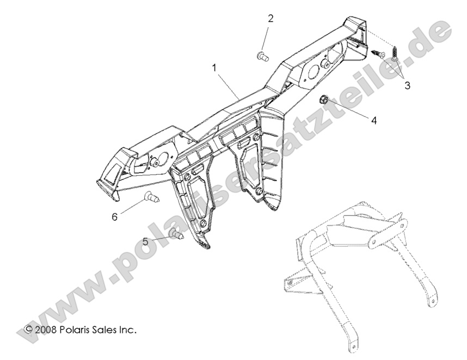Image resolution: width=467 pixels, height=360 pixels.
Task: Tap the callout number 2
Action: (x=270, y=18)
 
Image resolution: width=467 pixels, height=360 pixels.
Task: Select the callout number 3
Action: (x=406, y=85)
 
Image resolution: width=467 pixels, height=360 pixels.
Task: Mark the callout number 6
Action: (x=114, y=216)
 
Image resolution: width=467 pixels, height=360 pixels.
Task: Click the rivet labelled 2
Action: (x=262, y=54)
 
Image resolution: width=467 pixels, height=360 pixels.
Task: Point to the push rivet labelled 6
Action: (x=151, y=198)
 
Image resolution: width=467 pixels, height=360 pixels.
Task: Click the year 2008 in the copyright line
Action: (x=46, y=330)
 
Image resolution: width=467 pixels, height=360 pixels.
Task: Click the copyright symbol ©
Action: (x=29, y=330)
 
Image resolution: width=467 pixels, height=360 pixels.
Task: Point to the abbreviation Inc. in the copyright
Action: (x=128, y=330)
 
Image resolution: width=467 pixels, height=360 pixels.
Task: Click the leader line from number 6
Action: (x=132, y=207)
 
